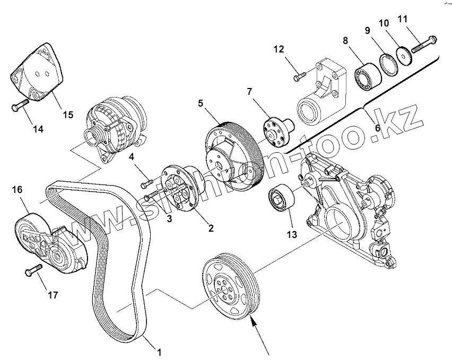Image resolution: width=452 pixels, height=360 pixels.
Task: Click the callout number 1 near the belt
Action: [x=158, y=351]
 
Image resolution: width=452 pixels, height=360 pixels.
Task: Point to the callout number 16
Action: [x=17, y=189]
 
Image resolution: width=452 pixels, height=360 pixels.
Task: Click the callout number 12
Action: [x=280, y=50]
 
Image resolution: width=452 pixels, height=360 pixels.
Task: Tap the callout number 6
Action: [x=377, y=128]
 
